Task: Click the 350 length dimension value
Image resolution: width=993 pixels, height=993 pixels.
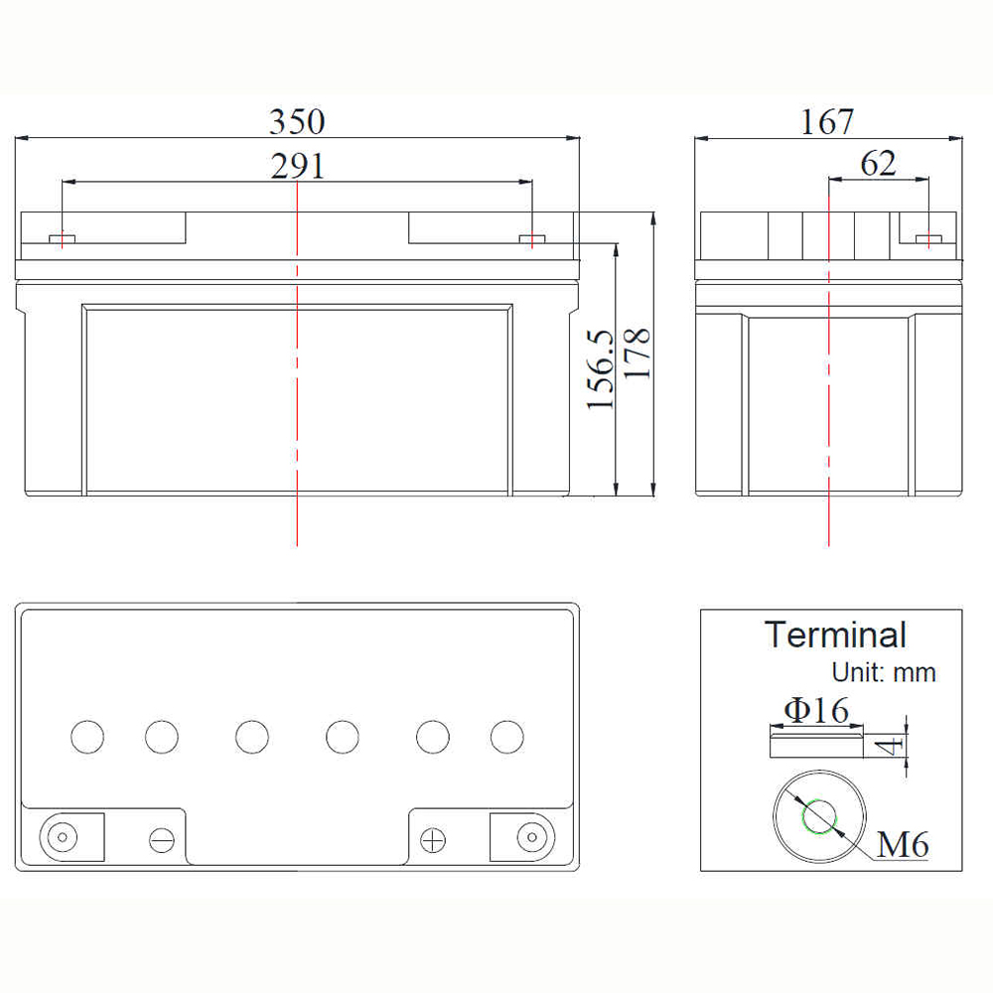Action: [x=297, y=121]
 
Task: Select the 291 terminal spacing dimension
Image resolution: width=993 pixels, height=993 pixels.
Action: [x=298, y=166]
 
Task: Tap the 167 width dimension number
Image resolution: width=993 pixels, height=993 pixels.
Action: [x=827, y=121]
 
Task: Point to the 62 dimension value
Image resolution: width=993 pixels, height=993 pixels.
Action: [x=878, y=164]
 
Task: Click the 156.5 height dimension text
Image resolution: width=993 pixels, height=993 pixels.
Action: [x=601, y=369]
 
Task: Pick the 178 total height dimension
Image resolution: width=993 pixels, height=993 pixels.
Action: [x=638, y=355]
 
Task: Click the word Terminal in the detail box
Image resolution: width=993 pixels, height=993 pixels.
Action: [x=835, y=635]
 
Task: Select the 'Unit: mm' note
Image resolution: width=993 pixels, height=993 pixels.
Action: [x=884, y=672]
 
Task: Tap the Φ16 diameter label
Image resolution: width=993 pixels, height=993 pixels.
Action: [x=816, y=710]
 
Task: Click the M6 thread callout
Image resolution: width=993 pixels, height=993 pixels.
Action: [x=903, y=844]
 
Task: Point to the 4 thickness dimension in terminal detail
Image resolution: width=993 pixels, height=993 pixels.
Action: [x=892, y=746]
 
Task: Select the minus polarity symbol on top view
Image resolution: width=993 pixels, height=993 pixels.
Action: [x=162, y=840]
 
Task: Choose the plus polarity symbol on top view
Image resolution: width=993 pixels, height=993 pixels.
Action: [x=433, y=840]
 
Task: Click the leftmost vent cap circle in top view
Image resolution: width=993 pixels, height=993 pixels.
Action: [x=87, y=737]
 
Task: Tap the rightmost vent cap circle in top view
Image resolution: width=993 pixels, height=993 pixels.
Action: [x=507, y=737]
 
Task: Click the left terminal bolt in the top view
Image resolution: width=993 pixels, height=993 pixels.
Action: [x=62, y=837]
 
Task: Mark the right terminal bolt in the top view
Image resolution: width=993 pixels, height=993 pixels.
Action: [x=532, y=837]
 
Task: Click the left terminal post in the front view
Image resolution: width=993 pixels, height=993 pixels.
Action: [x=62, y=238]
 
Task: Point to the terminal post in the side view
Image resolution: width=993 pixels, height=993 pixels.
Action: [x=928, y=238]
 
